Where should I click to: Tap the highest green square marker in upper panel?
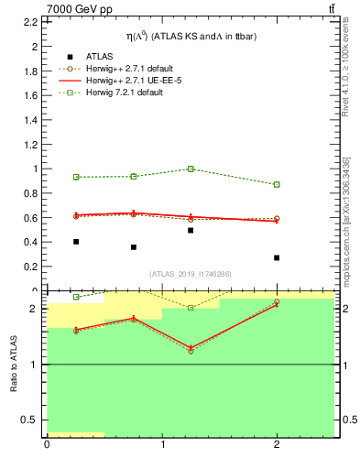click(x=191, y=169)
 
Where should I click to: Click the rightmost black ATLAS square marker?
click(x=277, y=257)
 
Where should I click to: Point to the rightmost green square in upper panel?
click(x=277, y=184)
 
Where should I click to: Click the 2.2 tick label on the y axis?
click(x=33, y=46)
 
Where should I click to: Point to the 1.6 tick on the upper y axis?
click(x=33, y=119)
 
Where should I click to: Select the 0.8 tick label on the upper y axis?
click(x=33, y=218)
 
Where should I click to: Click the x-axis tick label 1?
click(x=163, y=446)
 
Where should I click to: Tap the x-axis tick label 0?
click(x=47, y=446)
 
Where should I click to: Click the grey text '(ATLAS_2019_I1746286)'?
click(x=191, y=274)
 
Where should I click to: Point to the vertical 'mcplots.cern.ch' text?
click(x=346, y=220)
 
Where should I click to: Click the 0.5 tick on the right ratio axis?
click(x=346, y=420)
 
